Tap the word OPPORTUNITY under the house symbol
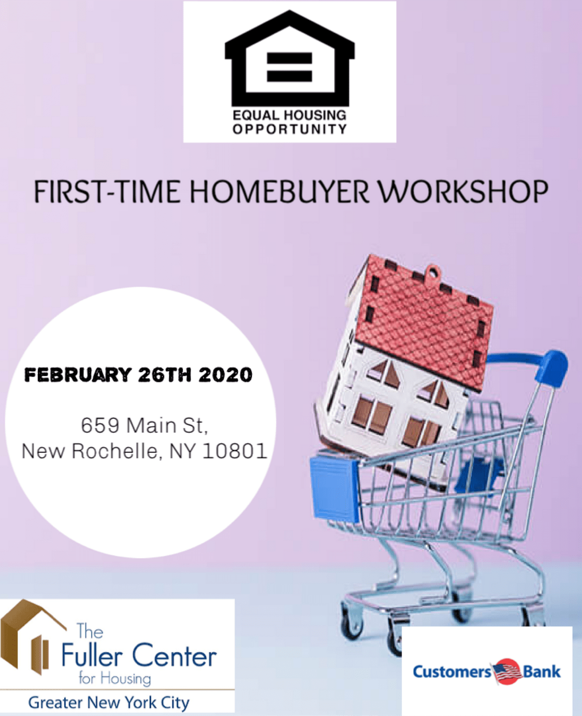[290, 129]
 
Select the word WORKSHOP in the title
[464, 191]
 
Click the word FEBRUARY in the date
[78, 375]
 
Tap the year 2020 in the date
[225, 375]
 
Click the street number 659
[100, 425]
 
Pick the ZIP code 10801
[235, 451]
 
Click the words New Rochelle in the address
[89, 451]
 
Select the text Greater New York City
[109, 702]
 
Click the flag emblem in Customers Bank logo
[506, 671]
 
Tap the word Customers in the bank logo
[452, 672]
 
